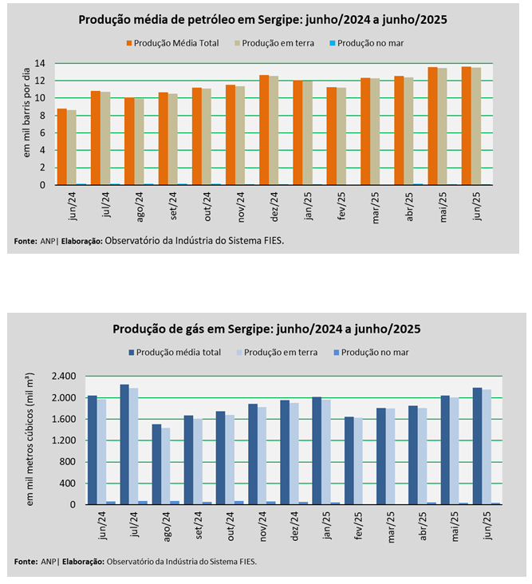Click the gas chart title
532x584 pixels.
pyautogui.click(x=266, y=328)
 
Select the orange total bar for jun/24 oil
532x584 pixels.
pyautogui.click(x=61, y=147)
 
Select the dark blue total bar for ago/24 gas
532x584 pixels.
pyautogui.click(x=156, y=464)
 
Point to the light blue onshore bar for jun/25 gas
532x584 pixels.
pyautogui.click(x=486, y=447)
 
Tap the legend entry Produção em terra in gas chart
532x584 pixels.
pyautogui.click(x=278, y=351)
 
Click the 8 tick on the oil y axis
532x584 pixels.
pyautogui.click(x=47, y=116)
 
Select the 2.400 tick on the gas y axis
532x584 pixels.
pyautogui.click(x=63, y=377)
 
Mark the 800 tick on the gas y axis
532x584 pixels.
pyautogui.click(x=67, y=462)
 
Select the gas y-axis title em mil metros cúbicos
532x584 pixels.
pyautogui.click(x=31, y=438)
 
